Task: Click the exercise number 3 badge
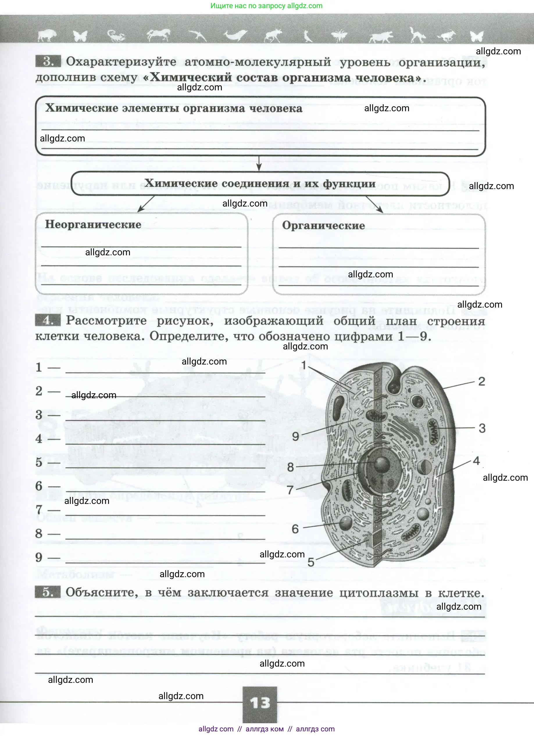pyautogui.click(x=48, y=61)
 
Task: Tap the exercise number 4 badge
pyautogui.click(x=48, y=321)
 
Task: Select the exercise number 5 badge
pyautogui.click(x=47, y=592)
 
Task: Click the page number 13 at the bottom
pyautogui.click(x=260, y=703)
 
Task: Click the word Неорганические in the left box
pyautogui.click(x=93, y=225)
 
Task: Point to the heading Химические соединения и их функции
pyautogui.click(x=260, y=184)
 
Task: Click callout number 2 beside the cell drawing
pyautogui.click(x=481, y=382)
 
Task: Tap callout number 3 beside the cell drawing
pyautogui.click(x=482, y=428)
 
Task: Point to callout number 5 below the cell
pyautogui.click(x=311, y=562)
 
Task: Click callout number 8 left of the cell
pyautogui.click(x=290, y=467)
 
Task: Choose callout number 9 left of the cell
pyautogui.click(x=295, y=437)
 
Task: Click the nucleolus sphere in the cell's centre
pyautogui.click(x=382, y=464)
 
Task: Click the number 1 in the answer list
pyautogui.click(x=39, y=367)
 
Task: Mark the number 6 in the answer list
pyautogui.click(x=39, y=486)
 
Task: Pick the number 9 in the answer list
pyautogui.click(x=39, y=557)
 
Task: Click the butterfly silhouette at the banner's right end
pyautogui.click(x=476, y=36)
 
